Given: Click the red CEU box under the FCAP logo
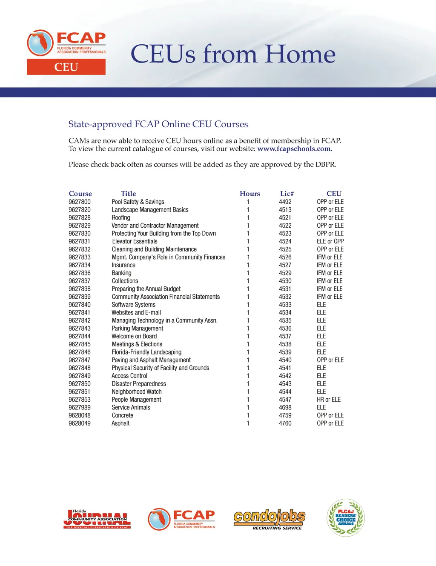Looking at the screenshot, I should tap(66, 67).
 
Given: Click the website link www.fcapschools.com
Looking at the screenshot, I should tap(295, 149).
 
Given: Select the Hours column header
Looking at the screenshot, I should tap(250, 194).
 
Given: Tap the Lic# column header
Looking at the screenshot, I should tap(287, 194).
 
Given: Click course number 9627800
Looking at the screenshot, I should tap(80, 202).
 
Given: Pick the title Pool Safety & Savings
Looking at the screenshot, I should tap(138, 202).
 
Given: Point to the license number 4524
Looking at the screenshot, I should tap(285, 241).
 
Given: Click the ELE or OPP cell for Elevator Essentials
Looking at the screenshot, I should tap(330, 241).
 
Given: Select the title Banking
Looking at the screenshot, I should tap(121, 273).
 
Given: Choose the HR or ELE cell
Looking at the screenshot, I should tap(329, 400).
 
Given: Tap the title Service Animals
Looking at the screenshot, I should tap(131, 407).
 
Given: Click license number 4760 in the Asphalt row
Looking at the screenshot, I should tap(285, 423).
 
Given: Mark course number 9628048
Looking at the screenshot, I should tap(80, 415).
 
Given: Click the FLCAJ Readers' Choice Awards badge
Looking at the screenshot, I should tap(346, 517).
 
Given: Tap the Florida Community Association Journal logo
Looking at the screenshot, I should tap(98, 519).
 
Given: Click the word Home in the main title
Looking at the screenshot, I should tap(300, 54).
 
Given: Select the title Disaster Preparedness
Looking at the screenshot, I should tap(139, 383).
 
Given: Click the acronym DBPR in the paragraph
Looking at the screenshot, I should tap(326, 164).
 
